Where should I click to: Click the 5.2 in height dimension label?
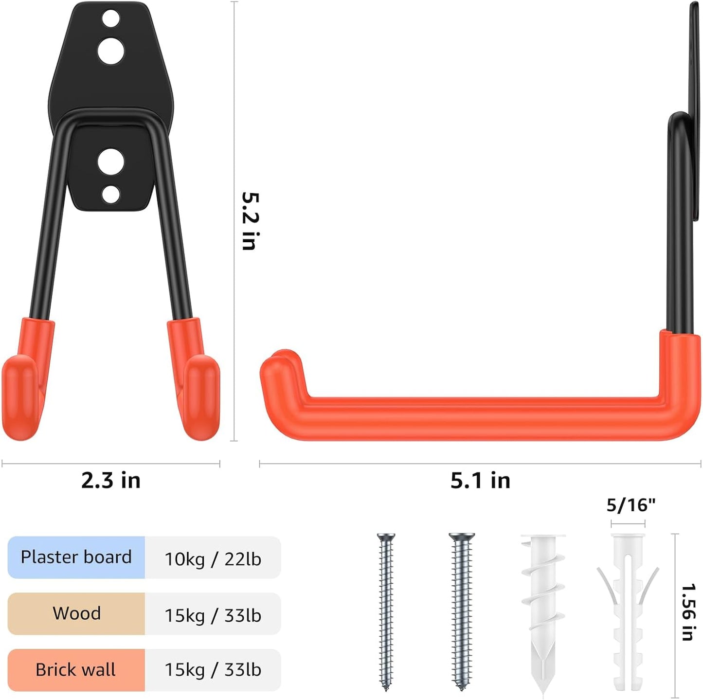[x=251, y=221]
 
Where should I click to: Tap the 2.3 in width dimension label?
[x=111, y=481]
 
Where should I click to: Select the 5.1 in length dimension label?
[x=480, y=481]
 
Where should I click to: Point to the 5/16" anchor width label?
[x=631, y=505]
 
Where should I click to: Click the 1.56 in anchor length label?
[x=688, y=612]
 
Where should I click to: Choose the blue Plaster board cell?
[x=76, y=557]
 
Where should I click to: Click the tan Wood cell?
[x=76, y=613]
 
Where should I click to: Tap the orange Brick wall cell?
[x=76, y=670]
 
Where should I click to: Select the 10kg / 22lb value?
[x=213, y=559]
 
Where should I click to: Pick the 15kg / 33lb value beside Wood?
[x=213, y=615]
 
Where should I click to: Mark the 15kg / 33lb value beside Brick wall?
[x=213, y=670]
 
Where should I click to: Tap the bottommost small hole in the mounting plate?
[x=111, y=195]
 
